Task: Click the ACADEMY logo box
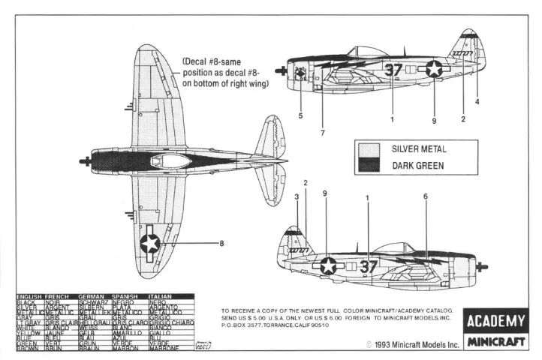click(x=496, y=322)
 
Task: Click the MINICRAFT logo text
click(x=496, y=343)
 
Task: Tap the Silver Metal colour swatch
click(x=368, y=149)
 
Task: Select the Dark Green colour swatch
click(x=368, y=166)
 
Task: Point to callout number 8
click(x=221, y=243)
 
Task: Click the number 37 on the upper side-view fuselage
click(x=393, y=70)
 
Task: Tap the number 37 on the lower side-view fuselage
click(x=369, y=265)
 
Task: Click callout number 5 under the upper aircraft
click(x=300, y=116)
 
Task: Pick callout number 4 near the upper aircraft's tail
click(x=476, y=100)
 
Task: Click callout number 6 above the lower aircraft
click(x=425, y=196)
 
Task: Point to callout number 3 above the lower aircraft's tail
click(x=297, y=197)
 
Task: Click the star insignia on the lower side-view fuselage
click(x=328, y=265)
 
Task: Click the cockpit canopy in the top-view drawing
click(x=171, y=160)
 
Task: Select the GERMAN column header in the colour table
click(x=93, y=296)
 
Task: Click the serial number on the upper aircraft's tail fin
click(x=461, y=54)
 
